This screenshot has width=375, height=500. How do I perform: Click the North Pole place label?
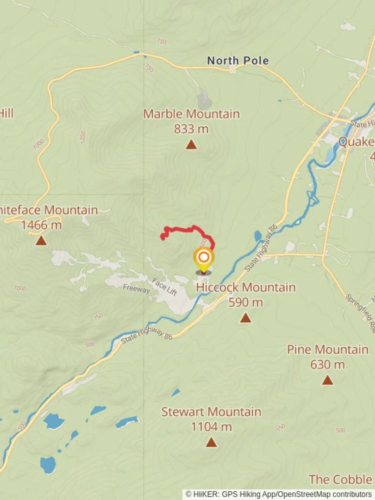click(x=237, y=61)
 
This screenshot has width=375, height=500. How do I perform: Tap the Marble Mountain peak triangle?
click(x=191, y=145)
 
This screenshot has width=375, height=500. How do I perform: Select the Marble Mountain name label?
click(x=191, y=114)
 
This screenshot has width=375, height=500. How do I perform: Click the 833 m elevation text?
click(x=191, y=129)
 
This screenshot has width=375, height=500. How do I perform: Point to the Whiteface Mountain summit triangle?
click(x=41, y=241)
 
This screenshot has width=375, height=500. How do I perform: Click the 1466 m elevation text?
click(x=41, y=225)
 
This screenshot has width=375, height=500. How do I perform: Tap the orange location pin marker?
click(x=204, y=258)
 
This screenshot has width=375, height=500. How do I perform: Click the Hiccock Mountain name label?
click(x=246, y=287)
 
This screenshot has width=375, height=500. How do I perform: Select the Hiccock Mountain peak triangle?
click(x=245, y=318)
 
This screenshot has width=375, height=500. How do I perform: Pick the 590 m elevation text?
click(x=246, y=303)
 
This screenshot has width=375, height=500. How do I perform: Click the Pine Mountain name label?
click(x=328, y=350)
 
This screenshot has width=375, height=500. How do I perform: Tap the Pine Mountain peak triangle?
click(x=328, y=381)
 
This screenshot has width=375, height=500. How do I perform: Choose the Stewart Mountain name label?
click(x=211, y=412)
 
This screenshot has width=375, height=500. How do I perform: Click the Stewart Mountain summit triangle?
click(x=211, y=443)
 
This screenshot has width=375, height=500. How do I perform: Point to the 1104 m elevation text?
click(x=211, y=427)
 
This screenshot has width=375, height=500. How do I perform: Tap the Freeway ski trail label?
click(x=137, y=289)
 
